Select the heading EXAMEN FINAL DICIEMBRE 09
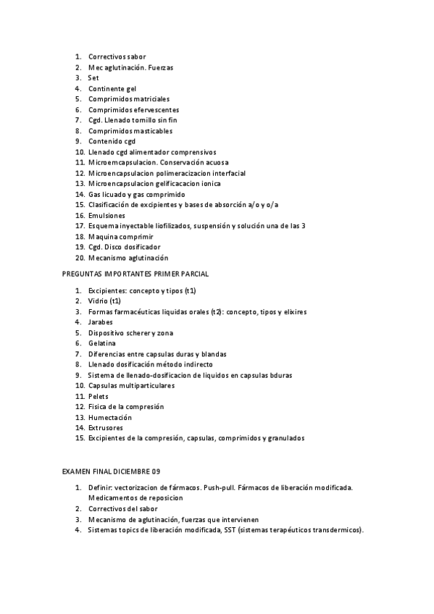tap(111, 472)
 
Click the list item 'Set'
tap(93, 77)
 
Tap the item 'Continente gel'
tap(112, 88)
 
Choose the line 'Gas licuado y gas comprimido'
tap(136, 195)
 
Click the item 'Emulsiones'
tap(107, 216)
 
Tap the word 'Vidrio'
tap(99, 300)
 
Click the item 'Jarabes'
tap(101, 321)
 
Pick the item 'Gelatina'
tap(102, 342)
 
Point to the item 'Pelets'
tap(98, 396)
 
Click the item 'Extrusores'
tap(106, 428)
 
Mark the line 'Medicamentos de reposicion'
tap(135, 498)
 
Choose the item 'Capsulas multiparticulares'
tap(131, 385)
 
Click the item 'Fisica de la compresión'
tap(126, 406)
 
